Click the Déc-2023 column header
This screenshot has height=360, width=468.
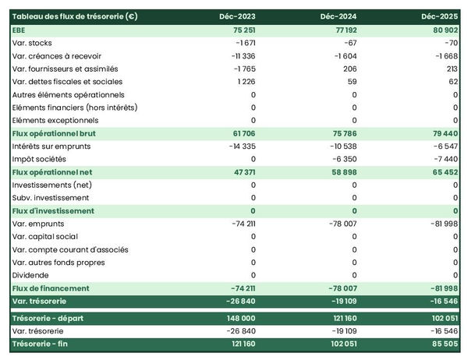click(x=239, y=16)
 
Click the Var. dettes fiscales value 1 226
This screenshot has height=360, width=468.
click(x=244, y=82)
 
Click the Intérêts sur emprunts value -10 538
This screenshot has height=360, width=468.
click(x=339, y=146)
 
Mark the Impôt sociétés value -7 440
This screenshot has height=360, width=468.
click(x=445, y=159)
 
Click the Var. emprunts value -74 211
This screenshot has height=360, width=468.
click(x=239, y=224)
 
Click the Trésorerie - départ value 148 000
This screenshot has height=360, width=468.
click(x=239, y=318)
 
